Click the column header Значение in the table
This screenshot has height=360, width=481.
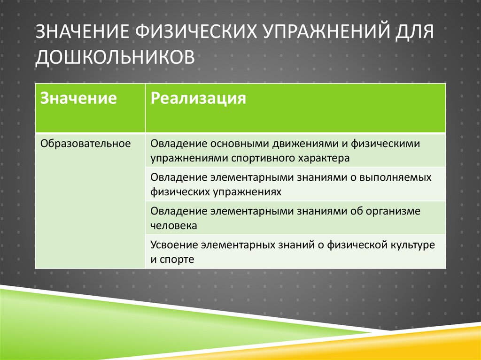pyautogui.click(x=78, y=98)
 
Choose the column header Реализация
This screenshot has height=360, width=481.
pyautogui.click(x=198, y=98)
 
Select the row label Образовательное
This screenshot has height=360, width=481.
pyautogui.click(x=85, y=143)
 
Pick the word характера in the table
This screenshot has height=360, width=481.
pyautogui.click(x=324, y=158)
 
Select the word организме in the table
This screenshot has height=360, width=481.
pyautogui.click(x=391, y=211)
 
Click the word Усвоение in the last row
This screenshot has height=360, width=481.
pyautogui.click(x=174, y=245)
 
